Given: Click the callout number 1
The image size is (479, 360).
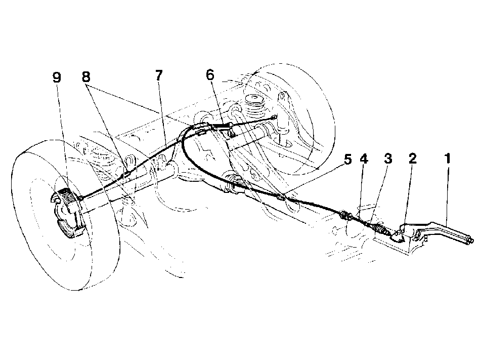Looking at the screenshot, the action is (x=447, y=159).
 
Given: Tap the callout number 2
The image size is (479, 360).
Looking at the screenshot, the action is (x=412, y=159).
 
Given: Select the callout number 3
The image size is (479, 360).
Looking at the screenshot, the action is (x=387, y=159).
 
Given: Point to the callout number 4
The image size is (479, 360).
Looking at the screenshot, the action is (x=364, y=159).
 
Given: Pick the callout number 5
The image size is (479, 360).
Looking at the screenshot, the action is (x=347, y=159).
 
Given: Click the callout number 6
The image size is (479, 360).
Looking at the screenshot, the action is (x=210, y=75).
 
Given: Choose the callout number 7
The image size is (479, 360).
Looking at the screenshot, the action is (x=159, y=75).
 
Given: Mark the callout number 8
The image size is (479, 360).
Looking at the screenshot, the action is (x=86, y=77).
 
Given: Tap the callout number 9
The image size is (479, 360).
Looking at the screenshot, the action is (x=57, y=77).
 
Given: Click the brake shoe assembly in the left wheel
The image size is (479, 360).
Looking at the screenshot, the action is (x=66, y=212).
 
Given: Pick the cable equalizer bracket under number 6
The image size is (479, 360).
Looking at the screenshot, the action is (x=231, y=130).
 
